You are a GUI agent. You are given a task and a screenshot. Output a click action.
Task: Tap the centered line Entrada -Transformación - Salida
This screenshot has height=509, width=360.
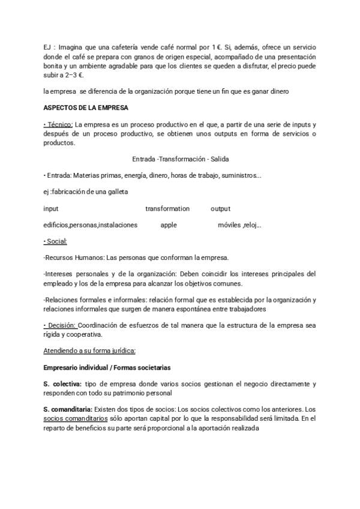pos(181,159)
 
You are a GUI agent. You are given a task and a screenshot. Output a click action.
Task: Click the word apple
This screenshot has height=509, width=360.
pos(169,225)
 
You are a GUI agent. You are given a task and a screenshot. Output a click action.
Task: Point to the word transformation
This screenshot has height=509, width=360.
pos(167,208)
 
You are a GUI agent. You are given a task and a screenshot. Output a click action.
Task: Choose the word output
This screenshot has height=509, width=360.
pos(221,208)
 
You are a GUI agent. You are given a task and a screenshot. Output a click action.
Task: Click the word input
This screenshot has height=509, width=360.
pos(51,208)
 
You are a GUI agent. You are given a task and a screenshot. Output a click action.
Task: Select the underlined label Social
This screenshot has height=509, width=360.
pos(56,241)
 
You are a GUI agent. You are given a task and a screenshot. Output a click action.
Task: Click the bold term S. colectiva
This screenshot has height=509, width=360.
pos(62,383)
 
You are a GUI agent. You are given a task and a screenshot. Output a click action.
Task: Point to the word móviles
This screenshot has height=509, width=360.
pos(229,225)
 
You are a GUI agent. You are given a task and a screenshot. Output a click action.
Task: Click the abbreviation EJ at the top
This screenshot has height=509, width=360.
pos(48,47)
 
